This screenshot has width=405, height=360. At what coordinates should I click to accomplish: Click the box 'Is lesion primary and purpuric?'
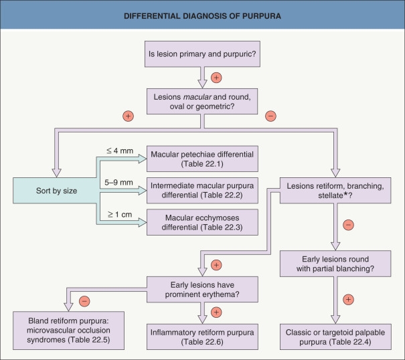click(x=201, y=52)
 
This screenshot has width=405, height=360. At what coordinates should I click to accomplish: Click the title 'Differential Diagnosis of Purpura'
click(x=202, y=15)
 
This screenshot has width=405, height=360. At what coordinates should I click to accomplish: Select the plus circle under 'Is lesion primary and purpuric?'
click(x=216, y=78)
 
